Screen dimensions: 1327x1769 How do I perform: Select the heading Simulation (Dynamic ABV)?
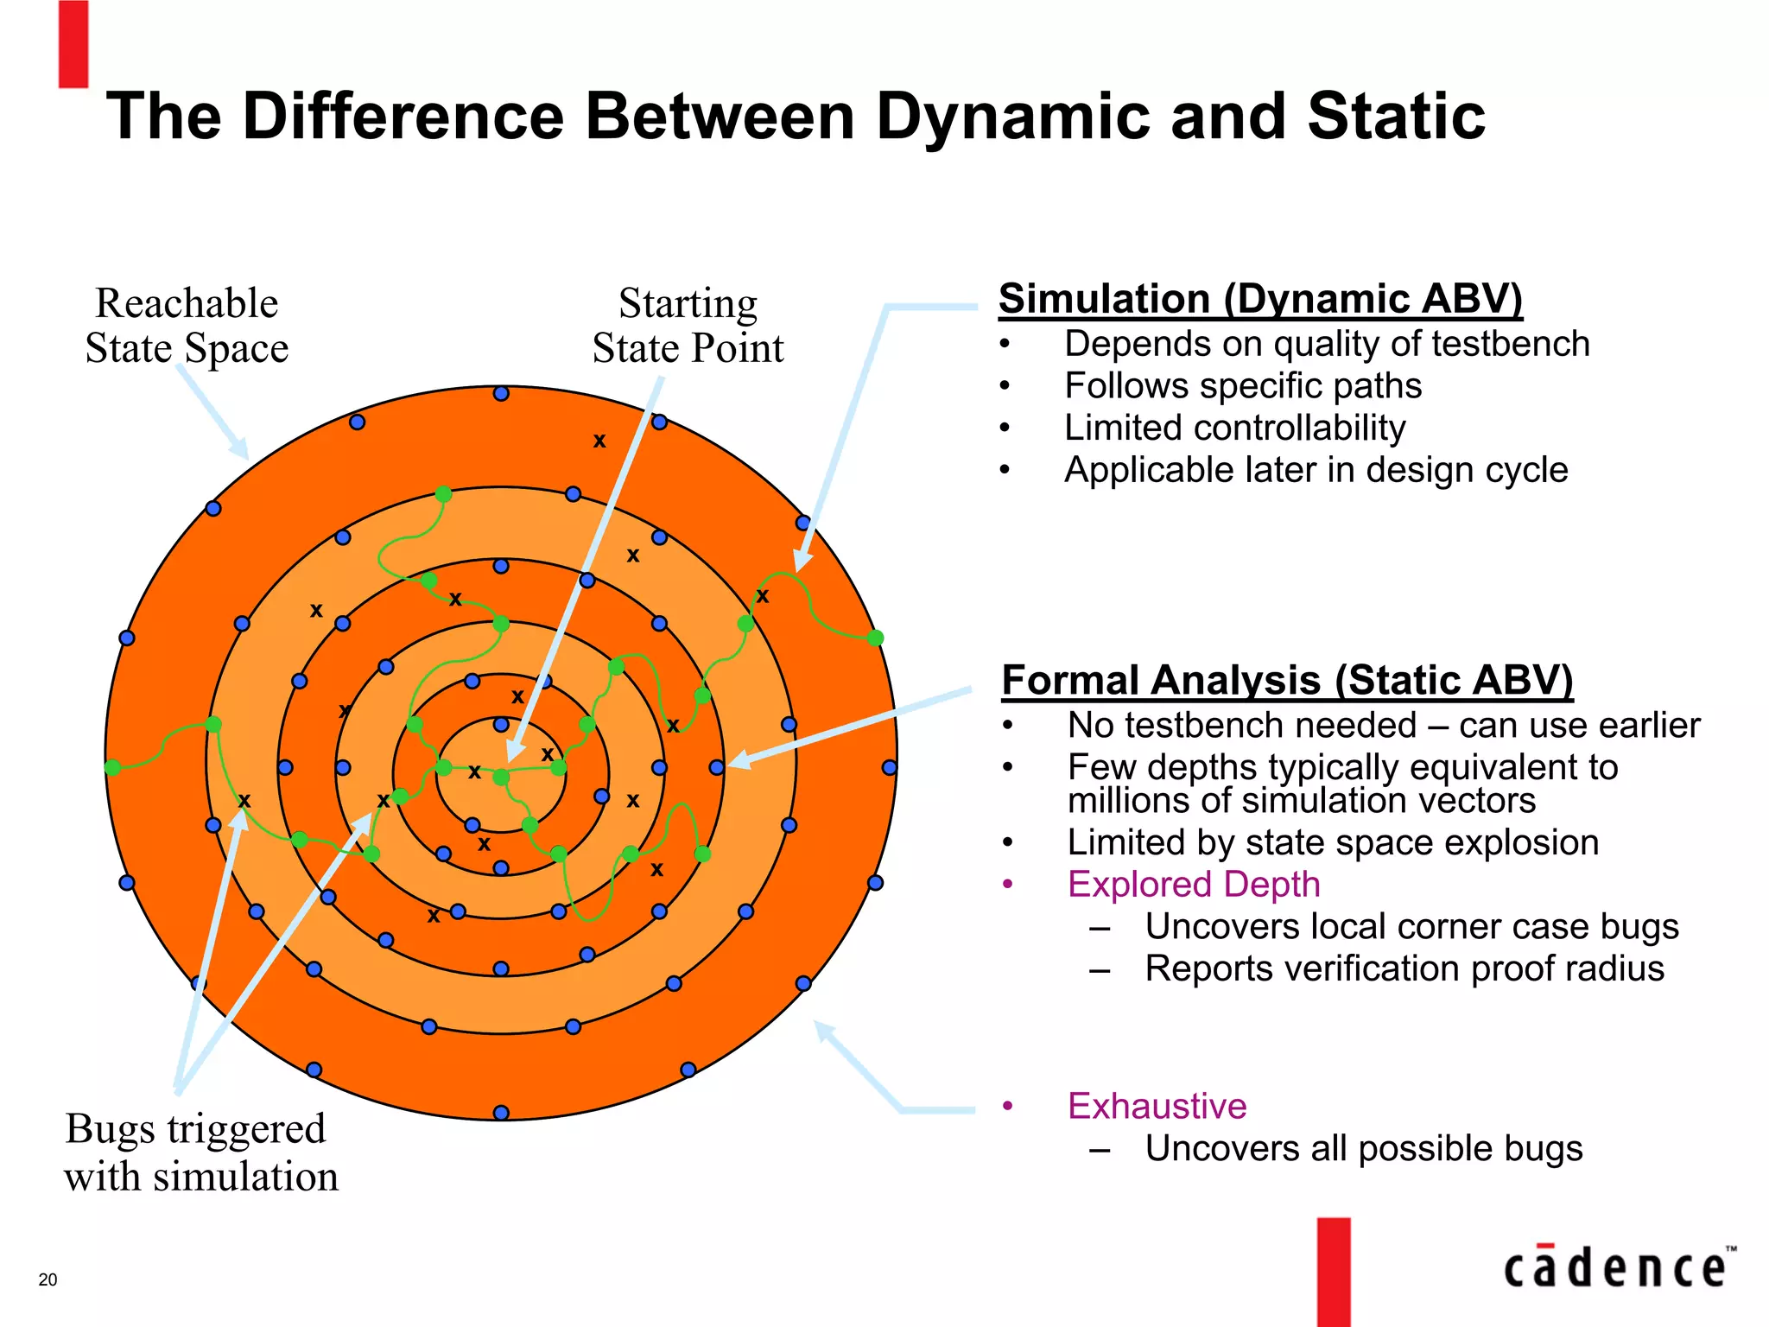pyautogui.click(x=1259, y=300)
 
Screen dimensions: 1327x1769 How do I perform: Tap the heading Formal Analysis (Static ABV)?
pyautogui.click(x=1286, y=681)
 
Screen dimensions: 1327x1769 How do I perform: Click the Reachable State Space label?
pyautogui.click(x=187, y=326)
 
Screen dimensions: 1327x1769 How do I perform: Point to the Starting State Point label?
pyautogui.click(x=688, y=326)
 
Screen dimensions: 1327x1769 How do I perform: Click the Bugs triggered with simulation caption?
pyautogui.click(x=200, y=1152)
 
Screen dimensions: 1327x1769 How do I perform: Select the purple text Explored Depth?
pyautogui.click(x=1193, y=885)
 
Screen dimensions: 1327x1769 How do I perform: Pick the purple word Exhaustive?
pyautogui.click(x=1157, y=1106)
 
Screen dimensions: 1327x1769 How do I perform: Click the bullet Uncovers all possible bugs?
pyautogui.click(x=1363, y=1148)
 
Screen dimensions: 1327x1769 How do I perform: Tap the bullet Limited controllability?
pyautogui.click(x=1234, y=428)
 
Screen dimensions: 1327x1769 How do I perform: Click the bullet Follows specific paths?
pyautogui.click(x=1242, y=385)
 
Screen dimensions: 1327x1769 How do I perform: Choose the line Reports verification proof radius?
pyautogui.click(x=1404, y=968)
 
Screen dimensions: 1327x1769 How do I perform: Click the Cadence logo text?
pyautogui.click(x=1614, y=1268)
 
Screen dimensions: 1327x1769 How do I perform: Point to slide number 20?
pyautogui.click(x=48, y=1279)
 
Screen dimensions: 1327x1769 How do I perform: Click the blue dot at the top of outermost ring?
pyautogui.click(x=501, y=394)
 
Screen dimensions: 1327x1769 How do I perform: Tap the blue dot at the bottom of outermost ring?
pyautogui.click(x=501, y=1113)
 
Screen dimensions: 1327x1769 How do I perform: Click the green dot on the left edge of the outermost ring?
pyautogui.click(x=112, y=767)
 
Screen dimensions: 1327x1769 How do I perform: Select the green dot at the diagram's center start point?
pyautogui.click(x=501, y=778)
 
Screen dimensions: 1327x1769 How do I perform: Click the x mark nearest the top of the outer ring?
pyautogui.click(x=599, y=441)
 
